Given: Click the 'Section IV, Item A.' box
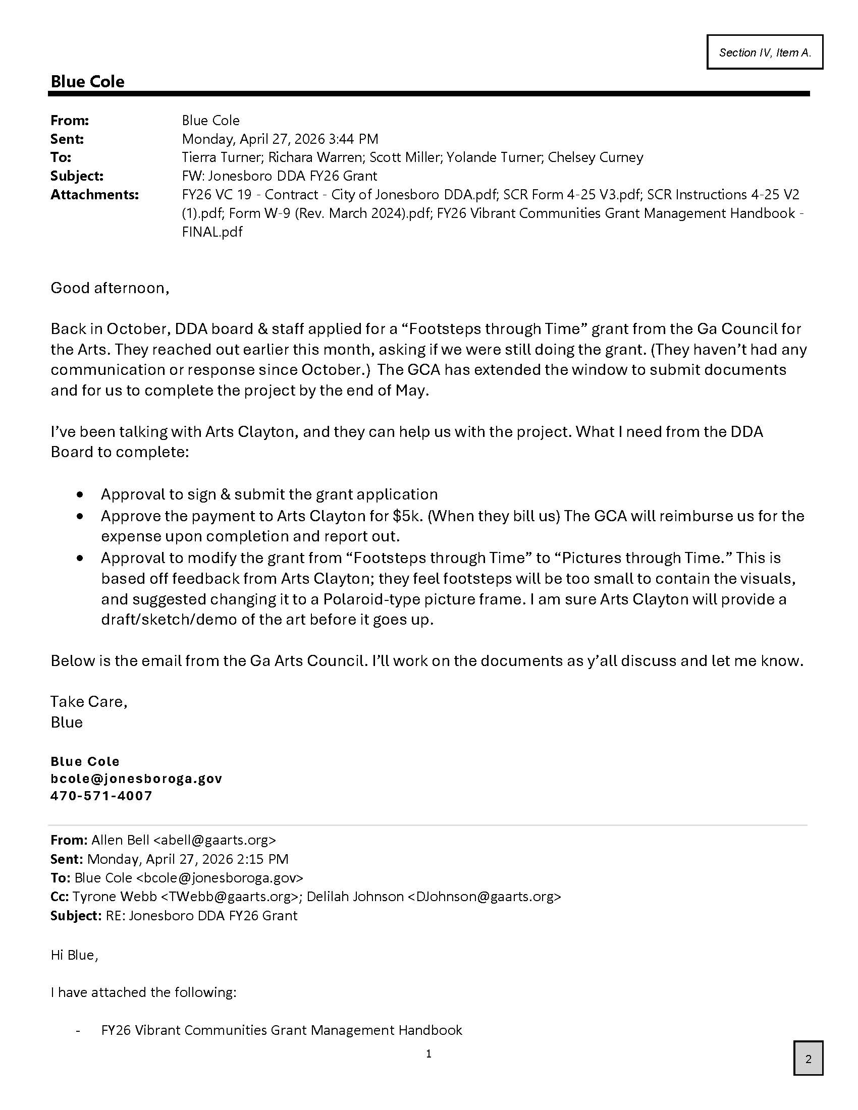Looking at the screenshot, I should [x=765, y=52].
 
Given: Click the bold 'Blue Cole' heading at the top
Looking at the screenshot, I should [x=87, y=82].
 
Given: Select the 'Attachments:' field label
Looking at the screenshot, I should [x=94, y=195].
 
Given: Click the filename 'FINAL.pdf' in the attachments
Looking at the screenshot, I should [x=212, y=232].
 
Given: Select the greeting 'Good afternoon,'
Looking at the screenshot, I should [x=110, y=288].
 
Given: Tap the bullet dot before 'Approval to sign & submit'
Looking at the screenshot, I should [x=80, y=494].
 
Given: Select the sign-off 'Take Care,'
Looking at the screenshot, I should [x=89, y=702].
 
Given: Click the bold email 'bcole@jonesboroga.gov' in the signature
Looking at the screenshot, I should [x=136, y=779].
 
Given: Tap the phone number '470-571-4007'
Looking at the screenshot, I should [x=101, y=796].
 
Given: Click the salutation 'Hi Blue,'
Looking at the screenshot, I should [x=74, y=955].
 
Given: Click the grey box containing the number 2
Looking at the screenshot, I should [x=808, y=1059].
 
